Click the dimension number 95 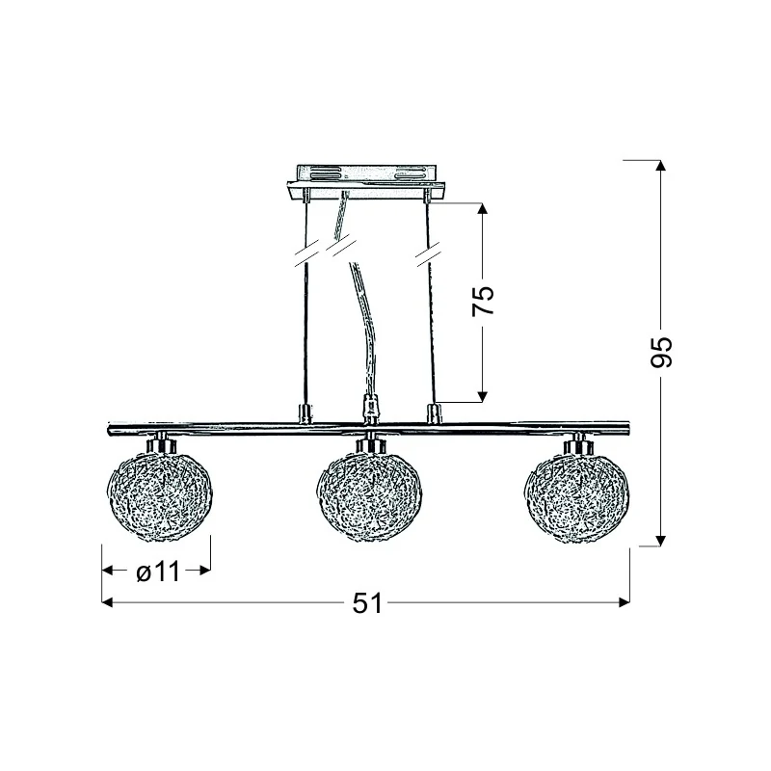(x=660, y=353)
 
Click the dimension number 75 (x=483, y=300)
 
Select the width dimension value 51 (x=367, y=603)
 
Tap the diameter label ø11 (x=158, y=572)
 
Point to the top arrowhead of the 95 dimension (x=660, y=166)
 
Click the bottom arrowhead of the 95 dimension (x=660, y=541)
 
